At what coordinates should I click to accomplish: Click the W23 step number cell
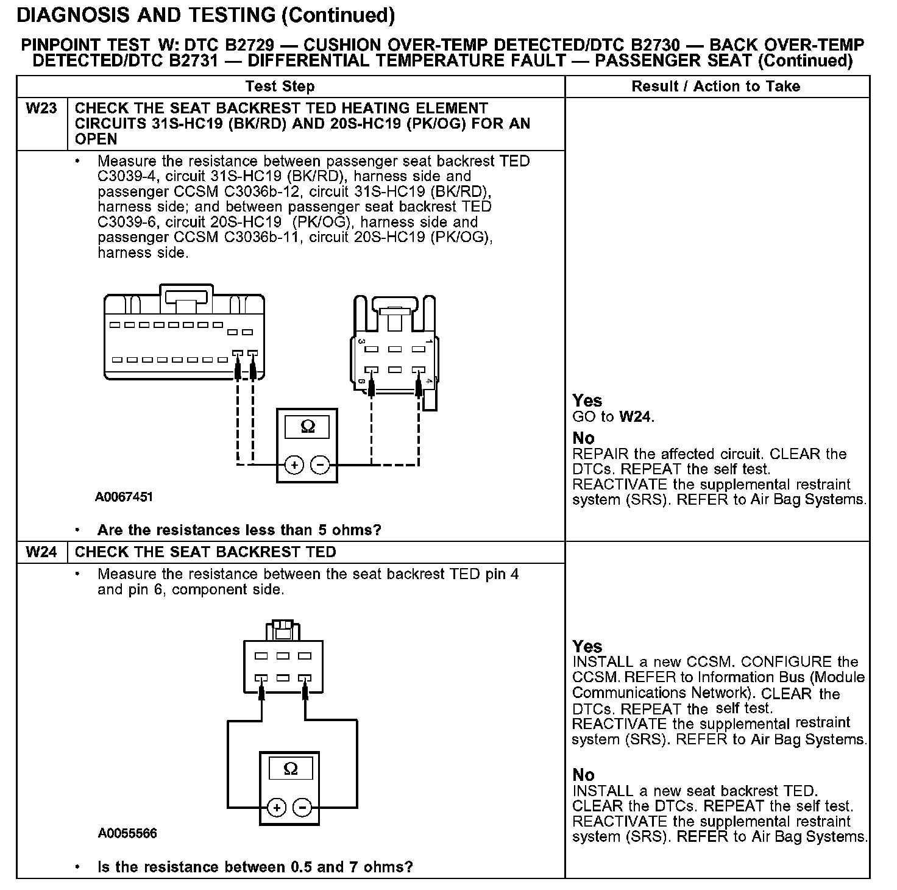coord(41,109)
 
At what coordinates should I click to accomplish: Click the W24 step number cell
coord(41,552)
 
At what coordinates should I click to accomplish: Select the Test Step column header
coord(280,87)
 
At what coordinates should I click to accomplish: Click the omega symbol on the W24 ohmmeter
coord(291,769)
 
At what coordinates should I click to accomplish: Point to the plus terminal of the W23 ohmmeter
coord(294,466)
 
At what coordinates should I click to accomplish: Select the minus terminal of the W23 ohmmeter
coord(320,466)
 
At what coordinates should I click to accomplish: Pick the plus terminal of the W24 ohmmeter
coord(277,808)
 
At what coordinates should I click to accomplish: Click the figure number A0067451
coord(124,497)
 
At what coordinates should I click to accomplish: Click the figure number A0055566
coord(127,833)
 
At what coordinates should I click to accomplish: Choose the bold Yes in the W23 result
coord(587,401)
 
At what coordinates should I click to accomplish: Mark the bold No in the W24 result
coord(583,775)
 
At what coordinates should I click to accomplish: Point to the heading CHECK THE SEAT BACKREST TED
coord(205,552)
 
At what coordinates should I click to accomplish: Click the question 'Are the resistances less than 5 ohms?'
coord(239,530)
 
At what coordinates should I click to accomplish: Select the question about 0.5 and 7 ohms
coord(255,867)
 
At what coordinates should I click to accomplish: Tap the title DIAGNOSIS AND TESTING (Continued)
coord(206,15)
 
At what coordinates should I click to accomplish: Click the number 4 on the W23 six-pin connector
coord(429,382)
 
